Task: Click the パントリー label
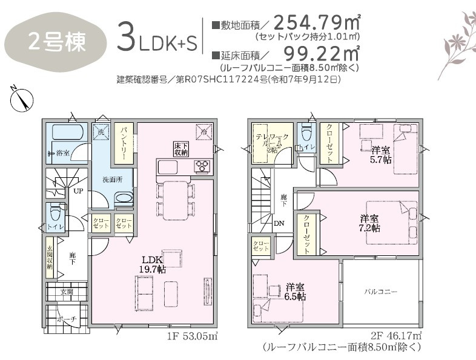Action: [x=122, y=143]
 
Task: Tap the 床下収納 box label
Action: [x=182, y=148]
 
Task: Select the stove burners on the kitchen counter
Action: [x=202, y=166]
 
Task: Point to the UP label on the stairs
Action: [x=78, y=191]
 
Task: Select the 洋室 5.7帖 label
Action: [x=380, y=155]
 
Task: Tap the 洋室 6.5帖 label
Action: [x=296, y=292]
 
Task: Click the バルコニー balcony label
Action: [x=380, y=292]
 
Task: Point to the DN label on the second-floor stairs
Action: [x=278, y=223]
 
